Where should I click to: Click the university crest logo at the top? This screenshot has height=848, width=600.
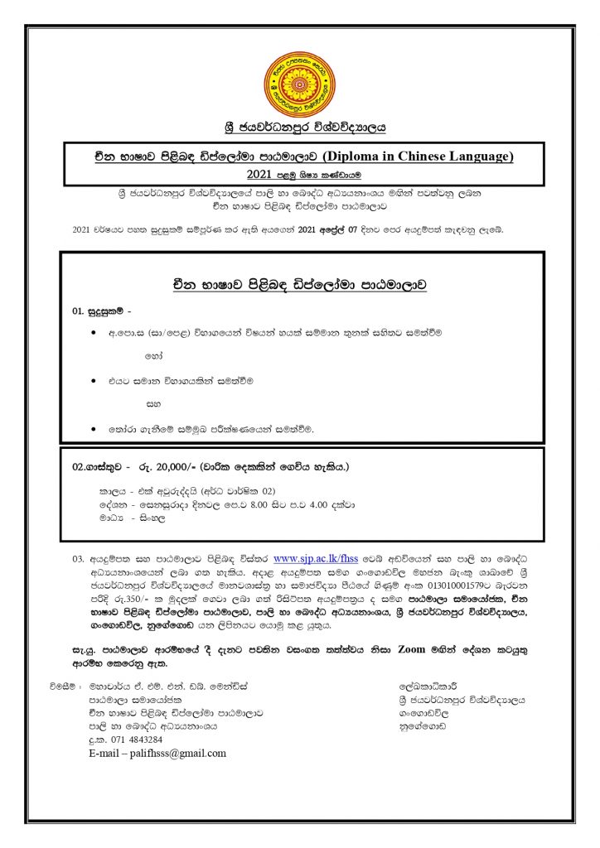300,84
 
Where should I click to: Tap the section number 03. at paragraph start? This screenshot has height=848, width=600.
79,559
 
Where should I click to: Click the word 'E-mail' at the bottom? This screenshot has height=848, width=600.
107,753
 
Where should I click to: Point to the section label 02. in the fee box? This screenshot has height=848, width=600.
80,467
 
